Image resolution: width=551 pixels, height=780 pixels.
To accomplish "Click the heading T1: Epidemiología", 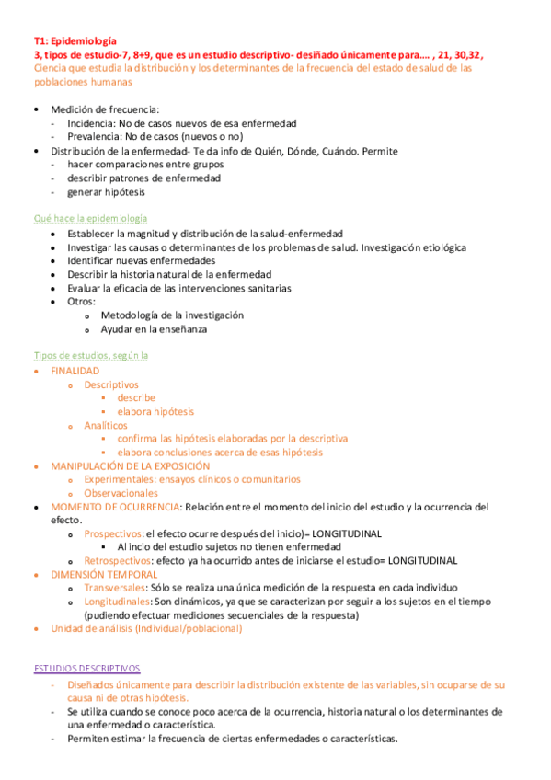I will tap(75, 41).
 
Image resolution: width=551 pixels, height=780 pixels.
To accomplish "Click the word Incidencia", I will tap(90, 122).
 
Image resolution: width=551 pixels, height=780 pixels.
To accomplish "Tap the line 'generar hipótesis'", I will tap(106, 192).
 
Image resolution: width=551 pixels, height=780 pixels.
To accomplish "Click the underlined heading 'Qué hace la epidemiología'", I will tap(90, 219).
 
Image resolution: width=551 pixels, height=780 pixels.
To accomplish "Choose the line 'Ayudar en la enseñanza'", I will tap(154, 328).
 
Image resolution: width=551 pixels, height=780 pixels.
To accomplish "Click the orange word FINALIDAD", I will tap(75, 371).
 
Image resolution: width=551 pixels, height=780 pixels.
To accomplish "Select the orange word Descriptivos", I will tap(111, 384).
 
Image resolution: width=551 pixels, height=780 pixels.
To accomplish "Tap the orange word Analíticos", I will tap(106, 426).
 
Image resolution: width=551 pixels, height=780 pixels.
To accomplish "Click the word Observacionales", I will tap(121, 493).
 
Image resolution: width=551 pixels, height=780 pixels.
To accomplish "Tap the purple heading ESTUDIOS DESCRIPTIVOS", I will tap(86, 668).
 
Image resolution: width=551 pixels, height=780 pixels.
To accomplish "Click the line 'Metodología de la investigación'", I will tap(172, 315).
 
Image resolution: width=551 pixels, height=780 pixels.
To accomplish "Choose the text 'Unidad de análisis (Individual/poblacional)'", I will tap(146, 628).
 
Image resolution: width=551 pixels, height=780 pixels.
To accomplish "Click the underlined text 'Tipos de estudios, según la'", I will tap(91, 355).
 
